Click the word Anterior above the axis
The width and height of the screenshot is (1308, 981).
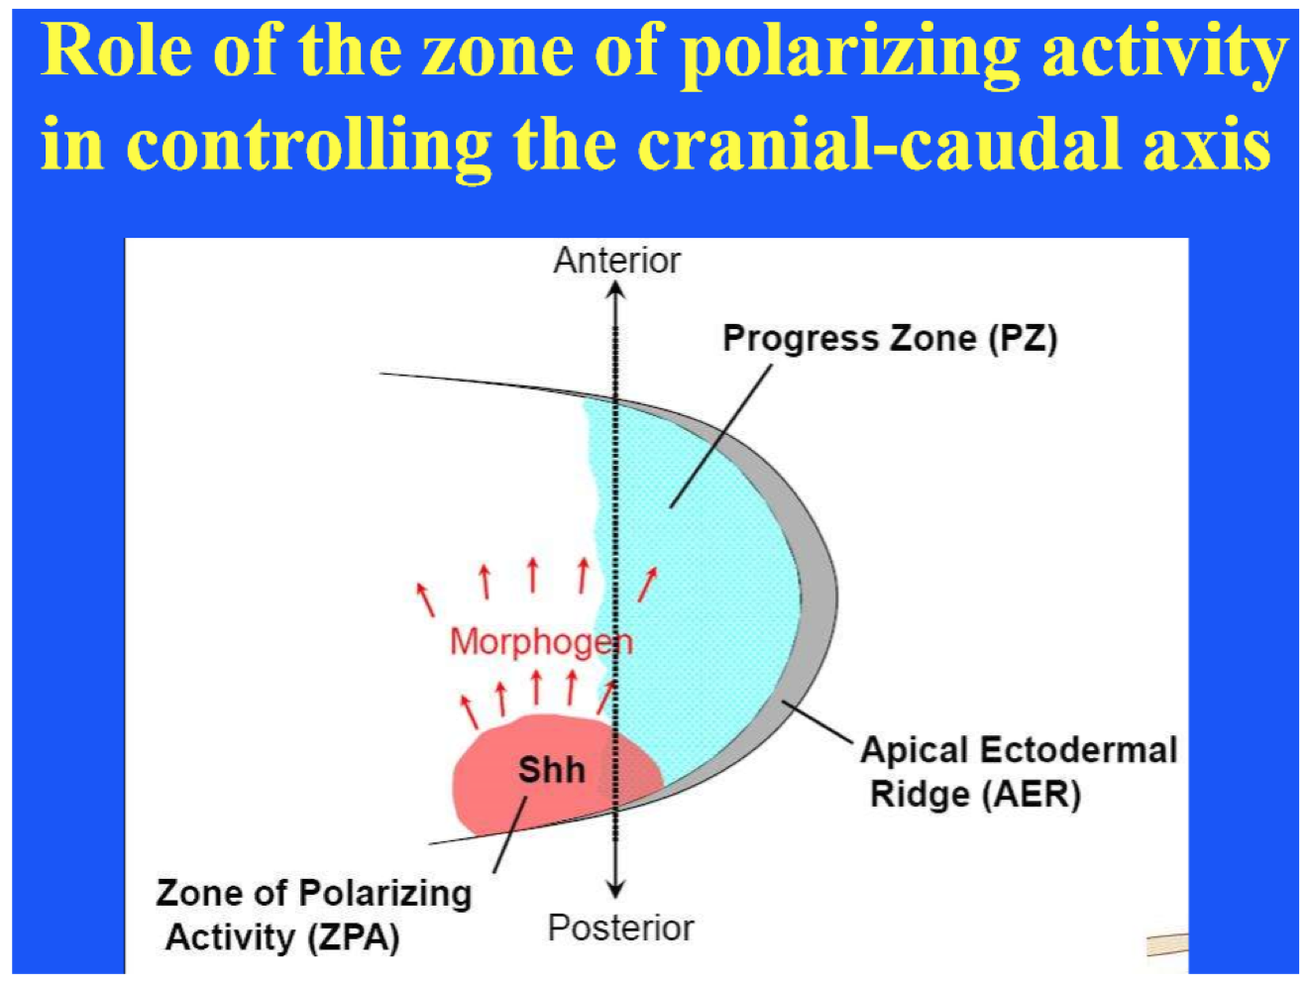[x=616, y=261]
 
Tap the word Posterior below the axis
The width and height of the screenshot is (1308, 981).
[x=620, y=928]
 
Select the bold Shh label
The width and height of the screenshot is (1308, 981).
[x=551, y=770]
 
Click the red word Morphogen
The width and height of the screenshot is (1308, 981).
[x=541, y=642]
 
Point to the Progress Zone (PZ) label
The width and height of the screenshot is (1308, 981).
[x=889, y=339]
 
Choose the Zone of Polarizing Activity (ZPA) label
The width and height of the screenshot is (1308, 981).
[x=312, y=915]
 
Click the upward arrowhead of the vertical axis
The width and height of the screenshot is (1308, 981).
[x=616, y=289]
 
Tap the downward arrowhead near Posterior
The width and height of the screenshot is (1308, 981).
[x=616, y=889]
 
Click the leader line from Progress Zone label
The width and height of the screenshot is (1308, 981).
[x=720, y=436]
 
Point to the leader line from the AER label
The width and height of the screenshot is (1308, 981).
[x=817, y=721]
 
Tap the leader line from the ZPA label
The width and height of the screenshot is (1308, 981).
[x=510, y=834]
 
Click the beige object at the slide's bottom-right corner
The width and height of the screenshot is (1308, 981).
[x=1167, y=944]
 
